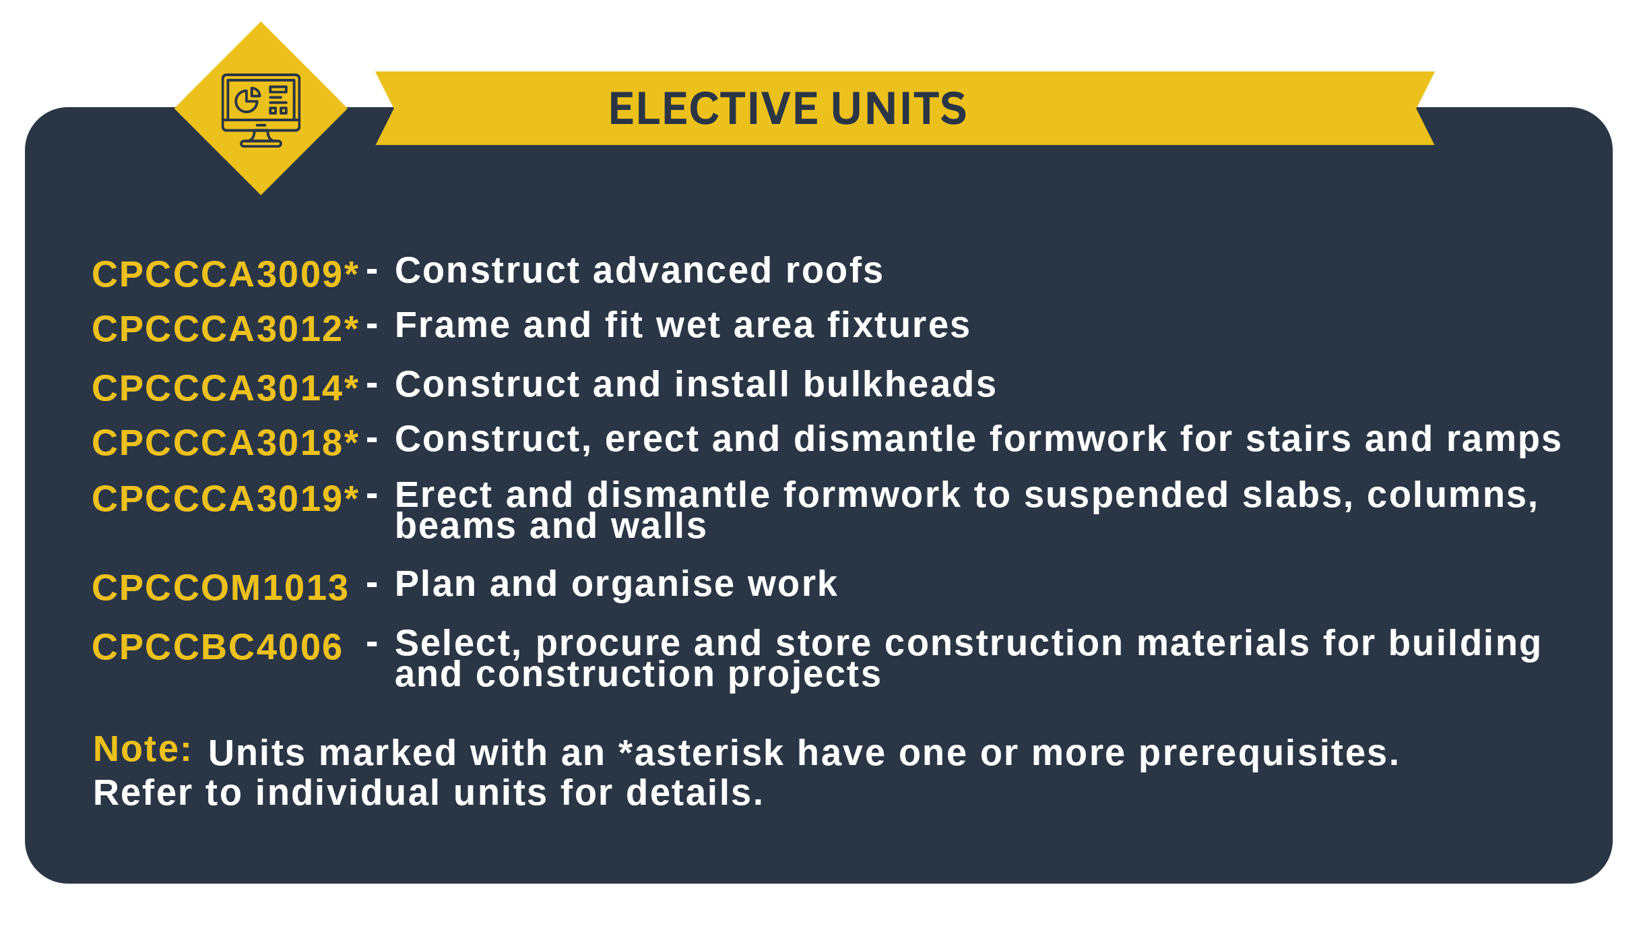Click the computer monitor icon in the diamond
261,110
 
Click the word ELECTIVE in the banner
713,109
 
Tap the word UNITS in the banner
899,109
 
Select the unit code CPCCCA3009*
225,274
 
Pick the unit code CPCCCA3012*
225,328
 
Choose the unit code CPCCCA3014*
225,388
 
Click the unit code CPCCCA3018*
225,442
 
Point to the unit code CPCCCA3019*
225,498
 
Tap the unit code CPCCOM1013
220,587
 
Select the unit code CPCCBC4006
217,646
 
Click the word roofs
834,270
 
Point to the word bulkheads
899,384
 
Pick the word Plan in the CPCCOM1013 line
435,583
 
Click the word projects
804,675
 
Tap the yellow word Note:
142,749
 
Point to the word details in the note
695,793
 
